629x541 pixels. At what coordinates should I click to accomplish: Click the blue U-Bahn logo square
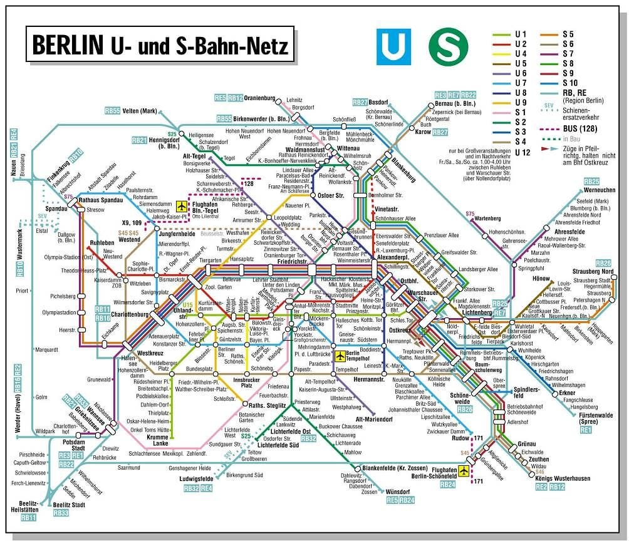coord(393,46)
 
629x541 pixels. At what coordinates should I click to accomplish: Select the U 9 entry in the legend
coord(519,103)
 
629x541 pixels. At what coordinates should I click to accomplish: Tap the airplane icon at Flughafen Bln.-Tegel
coord(182,206)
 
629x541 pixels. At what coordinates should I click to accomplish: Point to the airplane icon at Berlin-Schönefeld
coord(464,471)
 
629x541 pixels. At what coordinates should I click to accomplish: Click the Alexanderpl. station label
coord(393,257)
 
